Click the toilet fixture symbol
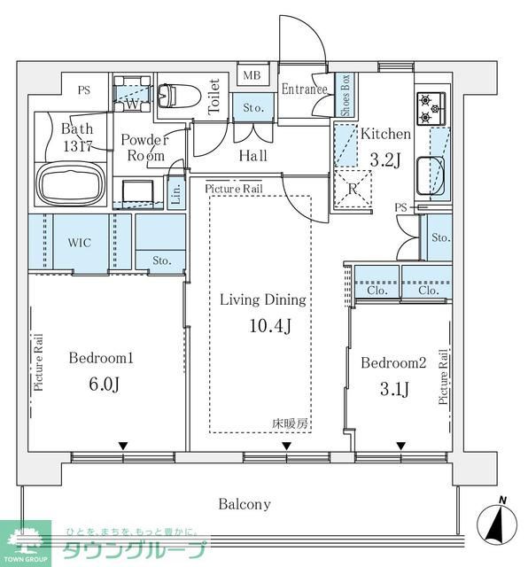[x=180, y=96]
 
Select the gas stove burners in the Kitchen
[x=431, y=108]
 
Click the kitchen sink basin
[x=431, y=176]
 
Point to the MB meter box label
[x=252, y=75]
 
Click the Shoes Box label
[x=346, y=95]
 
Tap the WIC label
[x=79, y=242]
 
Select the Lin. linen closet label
[x=176, y=193]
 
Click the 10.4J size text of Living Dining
[x=270, y=326]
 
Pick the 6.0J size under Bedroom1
[x=105, y=384]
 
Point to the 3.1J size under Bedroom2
[x=394, y=389]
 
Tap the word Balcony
[x=245, y=504]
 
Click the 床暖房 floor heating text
[x=290, y=423]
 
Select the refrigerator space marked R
[x=353, y=189]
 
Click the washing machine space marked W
[x=132, y=94]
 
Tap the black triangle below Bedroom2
[x=400, y=446]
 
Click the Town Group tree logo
[x=26, y=540]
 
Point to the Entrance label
[x=305, y=89]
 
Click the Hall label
[x=253, y=156]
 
